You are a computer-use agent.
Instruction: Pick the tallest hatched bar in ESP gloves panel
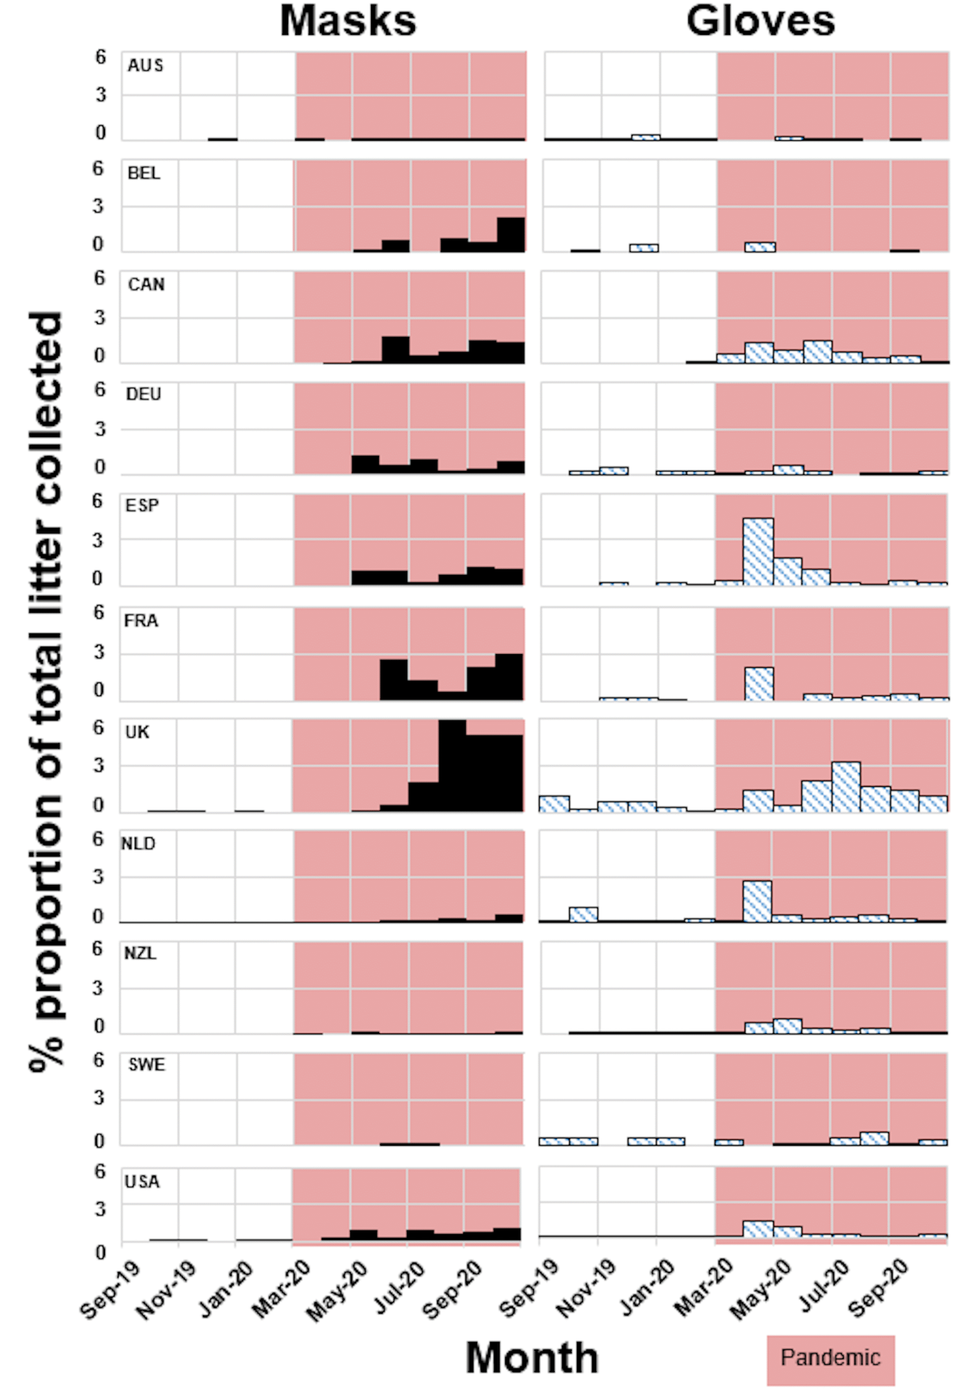pyautogui.click(x=757, y=551)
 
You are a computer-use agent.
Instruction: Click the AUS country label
pyautogui.click(x=145, y=65)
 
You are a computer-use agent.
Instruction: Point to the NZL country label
pyautogui.click(x=140, y=954)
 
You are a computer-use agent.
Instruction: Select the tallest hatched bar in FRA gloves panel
pyautogui.click(x=758, y=683)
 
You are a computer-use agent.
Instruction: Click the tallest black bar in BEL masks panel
pyautogui.click(x=511, y=234)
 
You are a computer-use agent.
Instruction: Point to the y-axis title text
pyautogui.click(x=46, y=691)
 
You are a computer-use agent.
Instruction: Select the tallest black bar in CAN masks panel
pyautogui.click(x=395, y=349)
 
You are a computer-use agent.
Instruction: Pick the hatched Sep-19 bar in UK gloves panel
pyautogui.click(x=554, y=803)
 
